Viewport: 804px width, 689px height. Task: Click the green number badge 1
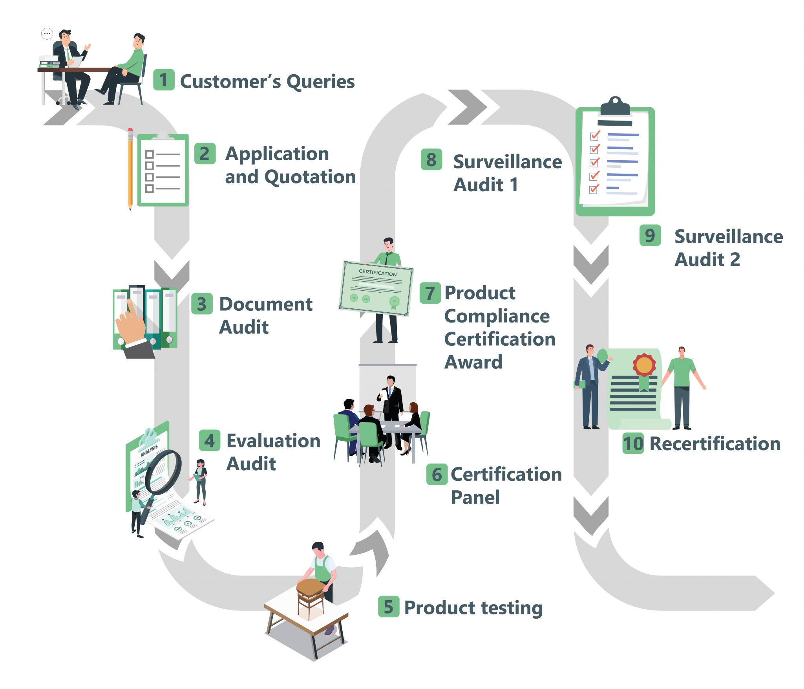tap(163, 80)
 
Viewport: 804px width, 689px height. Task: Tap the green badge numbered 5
tap(388, 607)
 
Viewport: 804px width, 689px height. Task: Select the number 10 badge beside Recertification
tap(633, 443)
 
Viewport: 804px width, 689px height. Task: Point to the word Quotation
tap(310, 177)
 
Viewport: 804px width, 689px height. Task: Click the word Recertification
tap(715, 443)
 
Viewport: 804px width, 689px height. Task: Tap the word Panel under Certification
tap(475, 497)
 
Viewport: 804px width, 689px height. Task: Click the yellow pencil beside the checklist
tap(130, 169)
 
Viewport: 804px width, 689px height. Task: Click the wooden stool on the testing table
tap(310, 593)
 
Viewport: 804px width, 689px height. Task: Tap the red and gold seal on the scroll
tap(643, 365)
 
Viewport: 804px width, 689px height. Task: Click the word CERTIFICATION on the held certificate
tap(377, 272)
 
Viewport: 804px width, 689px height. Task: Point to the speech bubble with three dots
tap(47, 34)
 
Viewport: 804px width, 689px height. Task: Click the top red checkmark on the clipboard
tap(595, 136)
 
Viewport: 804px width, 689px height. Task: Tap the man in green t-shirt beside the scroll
tap(683, 387)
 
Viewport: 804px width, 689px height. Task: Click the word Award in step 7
tap(473, 362)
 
